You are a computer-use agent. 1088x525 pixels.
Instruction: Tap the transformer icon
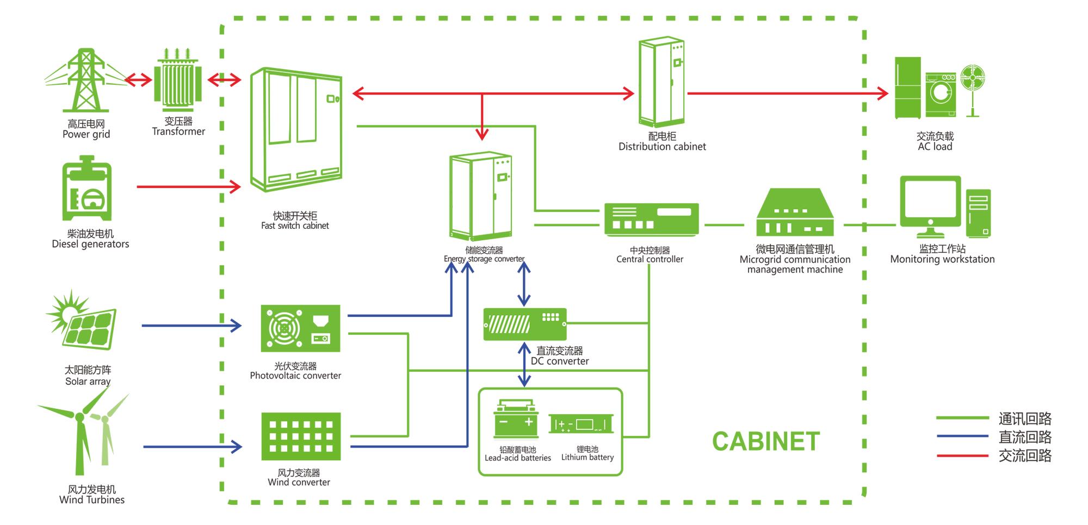pyautogui.click(x=178, y=82)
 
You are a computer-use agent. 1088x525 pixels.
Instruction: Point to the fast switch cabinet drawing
pyautogui.click(x=296, y=130)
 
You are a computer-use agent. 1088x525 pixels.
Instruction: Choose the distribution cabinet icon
pyautogui.click(x=662, y=82)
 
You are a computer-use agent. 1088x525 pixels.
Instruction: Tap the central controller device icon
pyautogui.click(x=651, y=220)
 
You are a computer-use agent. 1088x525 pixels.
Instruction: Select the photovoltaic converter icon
pyautogui.click(x=300, y=328)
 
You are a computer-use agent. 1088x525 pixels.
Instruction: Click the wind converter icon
pyautogui.click(x=301, y=436)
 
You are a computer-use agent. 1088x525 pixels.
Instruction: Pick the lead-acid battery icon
pyautogui.click(x=516, y=420)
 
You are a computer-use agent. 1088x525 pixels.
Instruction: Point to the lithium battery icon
pyautogui.click(x=581, y=424)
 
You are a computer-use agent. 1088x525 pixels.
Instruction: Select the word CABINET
pyautogui.click(x=765, y=441)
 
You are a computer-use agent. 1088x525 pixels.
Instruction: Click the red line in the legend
pyautogui.click(x=962, y=455)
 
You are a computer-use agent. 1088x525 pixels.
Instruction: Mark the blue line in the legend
pyautogui.click(x=962, y=436)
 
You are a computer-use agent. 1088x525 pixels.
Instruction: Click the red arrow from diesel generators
pyautogui.click(x=188, y=187)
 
